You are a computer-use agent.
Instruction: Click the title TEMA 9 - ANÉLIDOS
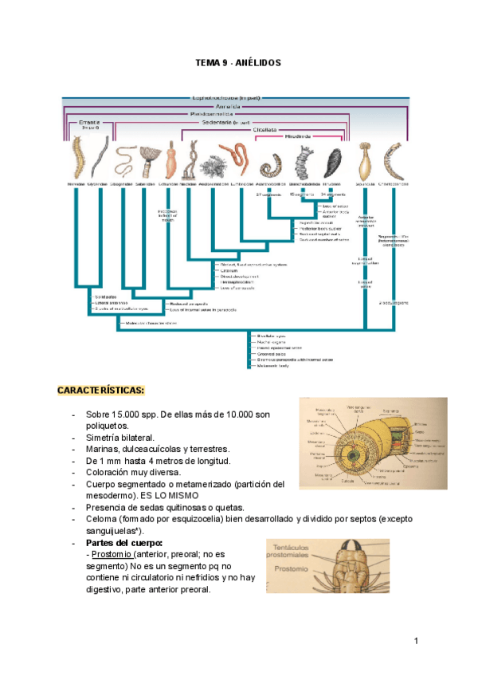(238, 62)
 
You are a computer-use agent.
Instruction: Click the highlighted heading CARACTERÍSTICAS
(100, 390)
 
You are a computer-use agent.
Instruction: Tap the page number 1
(416, 641)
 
